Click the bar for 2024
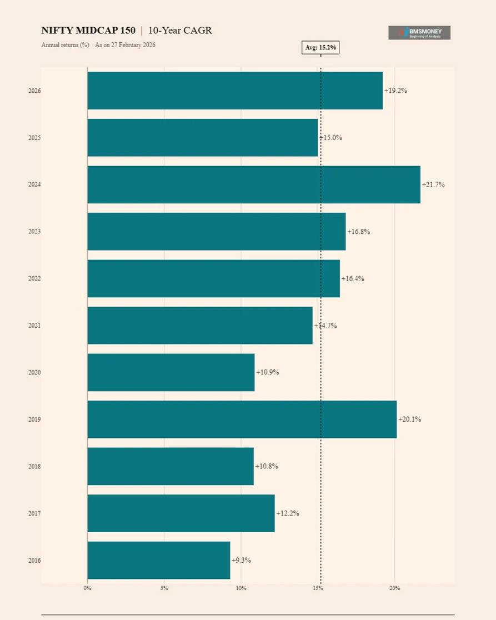(253, 184)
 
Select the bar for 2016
(158, 560)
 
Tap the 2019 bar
(242, 419)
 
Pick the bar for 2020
(171, 372)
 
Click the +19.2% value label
(395, 91)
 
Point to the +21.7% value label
(433, 184)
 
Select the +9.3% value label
(241, 560)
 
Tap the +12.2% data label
(288, 513)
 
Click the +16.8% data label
(358, 232)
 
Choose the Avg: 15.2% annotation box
(320, 48)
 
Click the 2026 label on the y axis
(34, 91)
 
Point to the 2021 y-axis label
(34, 326)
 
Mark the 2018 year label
(34, 467)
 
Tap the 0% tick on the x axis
(87, 588)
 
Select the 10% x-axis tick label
(241, 588)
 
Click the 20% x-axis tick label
(394, 588)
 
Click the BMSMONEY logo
(419, 33)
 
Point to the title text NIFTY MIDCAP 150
(88, 31)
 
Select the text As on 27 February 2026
(125, 44)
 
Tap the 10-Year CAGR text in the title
(180, 31)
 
